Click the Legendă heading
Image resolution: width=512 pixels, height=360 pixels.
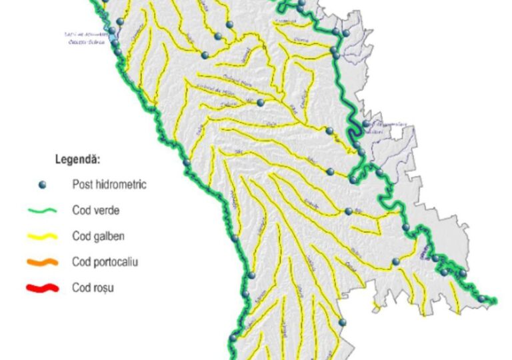pos(77,160)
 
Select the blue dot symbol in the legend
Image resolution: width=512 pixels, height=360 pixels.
pos(41,185)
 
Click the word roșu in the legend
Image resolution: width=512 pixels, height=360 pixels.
pos(106,289)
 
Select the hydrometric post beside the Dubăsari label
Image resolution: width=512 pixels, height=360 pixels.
pos(366,123)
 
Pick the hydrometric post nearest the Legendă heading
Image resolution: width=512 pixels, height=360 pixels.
pos(187,162)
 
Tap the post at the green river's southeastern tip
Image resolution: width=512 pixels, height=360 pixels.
pos(482,298)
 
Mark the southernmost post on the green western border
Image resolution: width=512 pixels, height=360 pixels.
pos(233,338)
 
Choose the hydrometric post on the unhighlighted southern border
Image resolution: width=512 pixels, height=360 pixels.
pos(342,323)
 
